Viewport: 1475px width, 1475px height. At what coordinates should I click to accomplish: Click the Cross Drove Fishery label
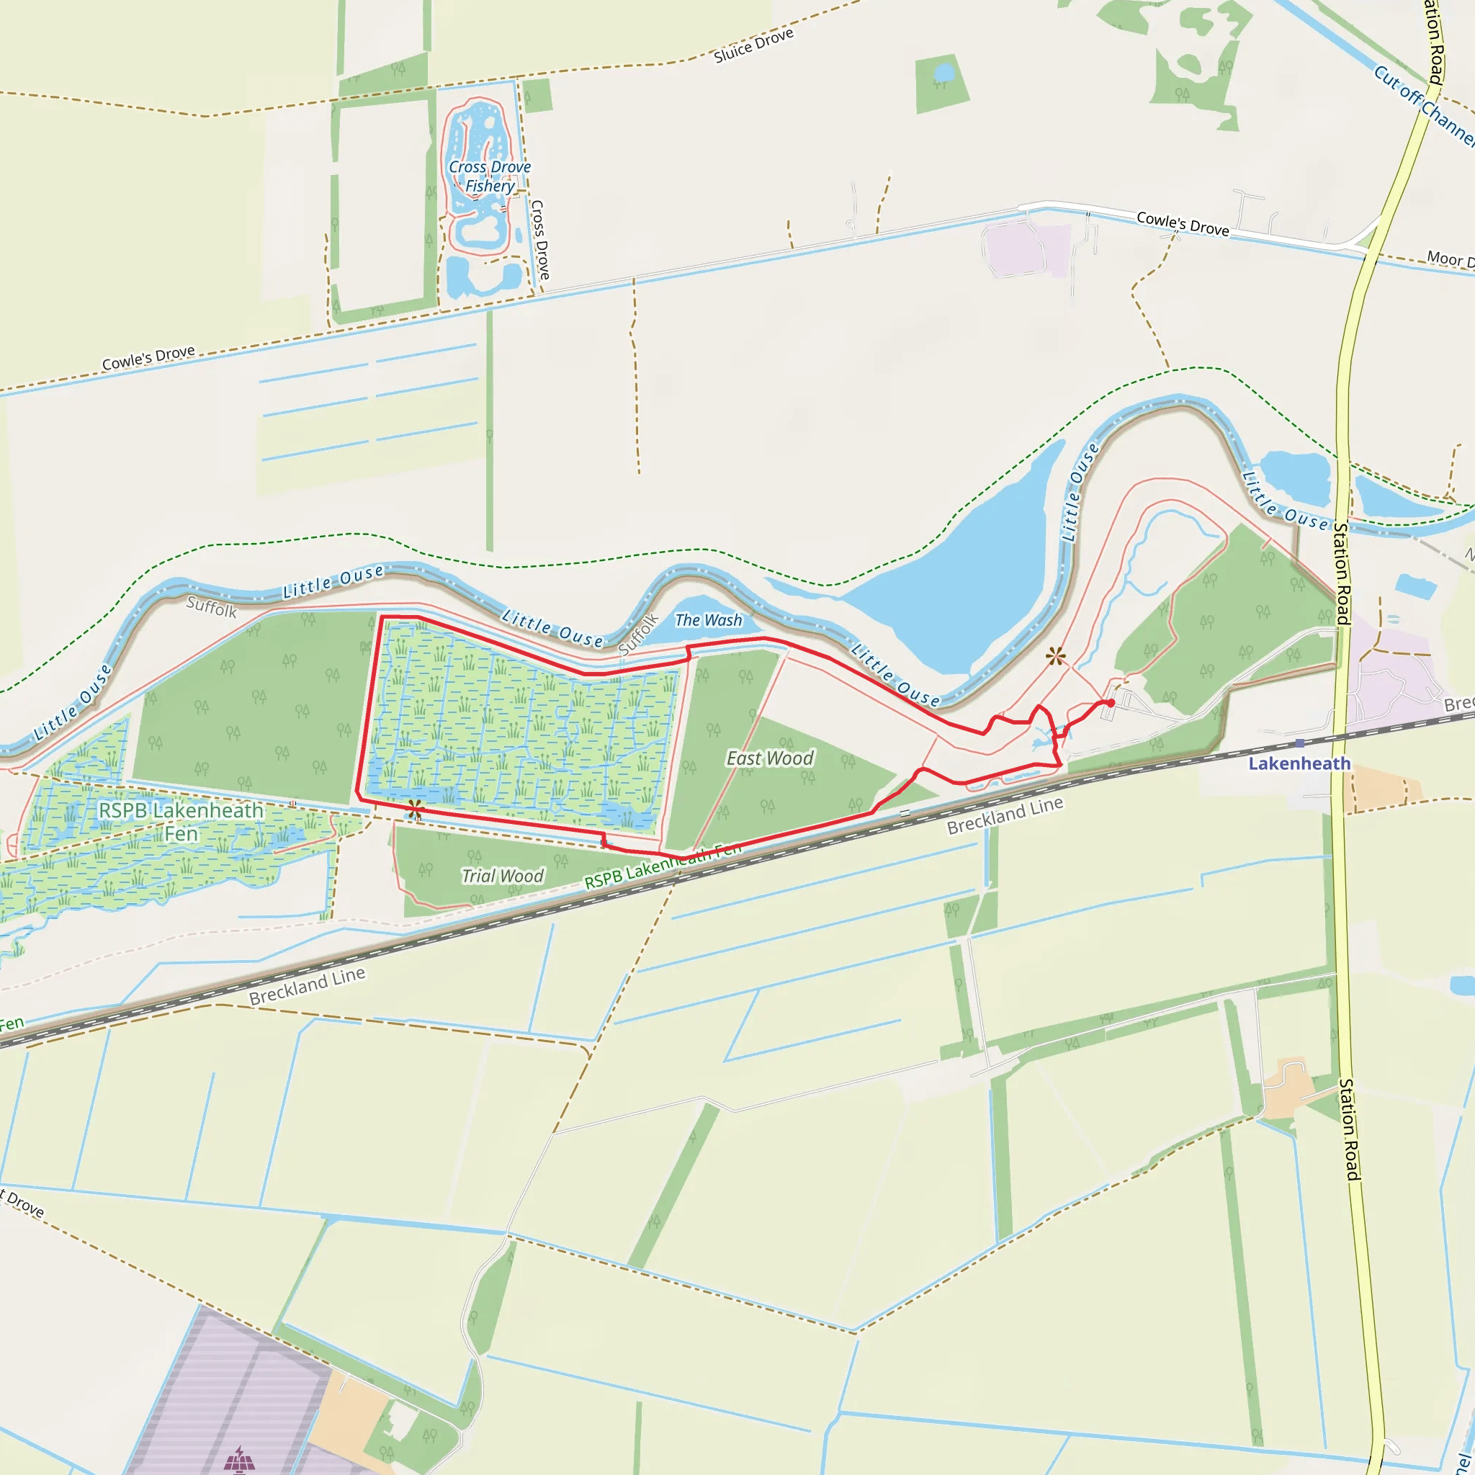[489, 176]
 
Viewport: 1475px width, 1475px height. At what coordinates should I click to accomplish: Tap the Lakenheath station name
[1299, 763]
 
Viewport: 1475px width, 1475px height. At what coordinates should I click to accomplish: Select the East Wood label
[770, 758]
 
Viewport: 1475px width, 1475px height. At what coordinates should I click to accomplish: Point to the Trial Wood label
[503, 876]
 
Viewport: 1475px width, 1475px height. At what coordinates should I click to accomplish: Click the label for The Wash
[708, 620]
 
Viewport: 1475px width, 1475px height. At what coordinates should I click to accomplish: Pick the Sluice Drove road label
[753, 46]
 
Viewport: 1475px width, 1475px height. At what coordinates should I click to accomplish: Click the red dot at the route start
[1111, 702]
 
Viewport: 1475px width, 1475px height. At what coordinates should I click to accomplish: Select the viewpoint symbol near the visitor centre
[1055, 656]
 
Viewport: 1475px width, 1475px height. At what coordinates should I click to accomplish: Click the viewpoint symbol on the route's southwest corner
[415, 810]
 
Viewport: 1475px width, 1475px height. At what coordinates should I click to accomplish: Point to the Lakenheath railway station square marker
[1299, 743]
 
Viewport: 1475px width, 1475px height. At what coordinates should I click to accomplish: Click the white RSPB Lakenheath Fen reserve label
[181, 822]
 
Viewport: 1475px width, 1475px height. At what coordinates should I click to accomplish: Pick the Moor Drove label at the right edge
[1449, 259]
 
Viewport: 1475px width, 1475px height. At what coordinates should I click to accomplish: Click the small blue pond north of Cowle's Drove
[944, 72]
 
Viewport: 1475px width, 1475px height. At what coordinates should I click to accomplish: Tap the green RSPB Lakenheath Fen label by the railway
[663, 865]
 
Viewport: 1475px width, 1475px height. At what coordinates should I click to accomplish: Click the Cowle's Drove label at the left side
[148, 357]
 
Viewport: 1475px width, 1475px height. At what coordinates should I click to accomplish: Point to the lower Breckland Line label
[307, 987]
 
